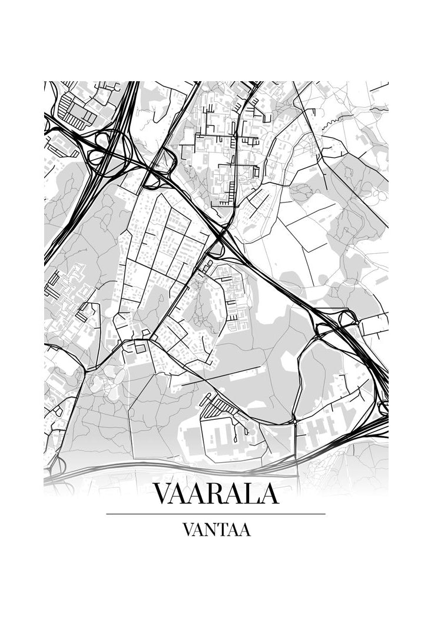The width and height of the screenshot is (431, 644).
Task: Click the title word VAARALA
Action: coord(216,494)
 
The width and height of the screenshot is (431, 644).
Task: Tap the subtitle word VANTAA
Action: coord(216,530)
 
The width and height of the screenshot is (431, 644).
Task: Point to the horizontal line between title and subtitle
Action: coord(216,514)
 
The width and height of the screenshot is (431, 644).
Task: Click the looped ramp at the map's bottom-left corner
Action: coord(55,465)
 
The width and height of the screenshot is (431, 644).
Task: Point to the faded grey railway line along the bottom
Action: coord(177,471)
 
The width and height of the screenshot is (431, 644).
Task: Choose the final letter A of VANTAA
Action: coord(245,530)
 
